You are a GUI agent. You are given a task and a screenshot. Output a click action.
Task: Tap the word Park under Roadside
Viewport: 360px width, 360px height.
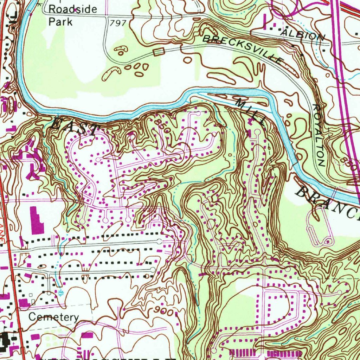[x=60, y=22]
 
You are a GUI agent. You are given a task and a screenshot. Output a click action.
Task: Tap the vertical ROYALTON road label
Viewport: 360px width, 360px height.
[x=319, y=135]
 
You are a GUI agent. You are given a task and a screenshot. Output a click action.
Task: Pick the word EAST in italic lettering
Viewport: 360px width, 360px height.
[x=74, y=127]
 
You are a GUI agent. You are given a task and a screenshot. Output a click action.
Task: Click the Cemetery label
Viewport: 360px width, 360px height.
[x=53, y=317]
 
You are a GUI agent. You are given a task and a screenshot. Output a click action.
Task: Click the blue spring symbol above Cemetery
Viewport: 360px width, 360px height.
[x=61, y=292]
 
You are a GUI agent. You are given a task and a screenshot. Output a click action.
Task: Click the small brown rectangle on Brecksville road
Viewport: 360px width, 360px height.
[x=159, y=52]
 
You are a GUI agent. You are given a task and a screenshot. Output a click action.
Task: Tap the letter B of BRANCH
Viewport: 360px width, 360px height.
[x=302, y=192]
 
